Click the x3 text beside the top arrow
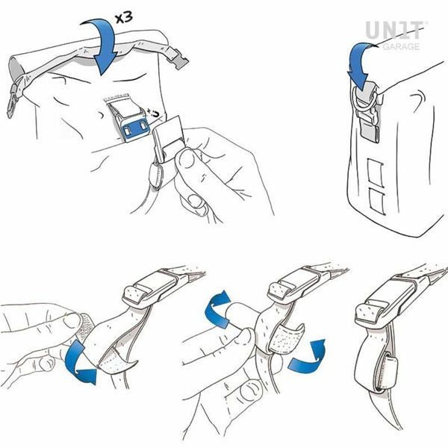click(x=124, y=17)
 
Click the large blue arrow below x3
click(x=105, y=46)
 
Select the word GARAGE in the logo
click(x=401, y=46)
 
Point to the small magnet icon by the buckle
click(x=155, y=113)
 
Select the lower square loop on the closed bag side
click(x=376, y=202)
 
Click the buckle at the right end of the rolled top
click(x=178, y=57)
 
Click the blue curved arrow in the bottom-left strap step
click(x=78, y=362)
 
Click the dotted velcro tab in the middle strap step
click(x=286, y=338)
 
